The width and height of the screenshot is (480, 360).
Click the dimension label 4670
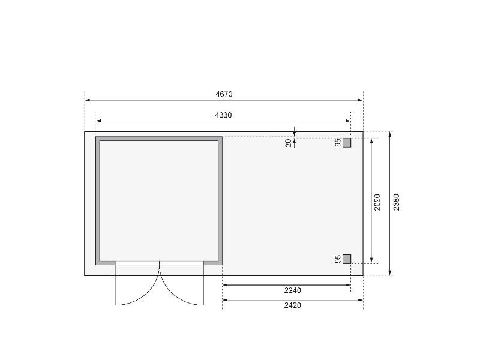[x=224, y=94]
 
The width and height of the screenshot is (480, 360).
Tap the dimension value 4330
[x=223, y=115]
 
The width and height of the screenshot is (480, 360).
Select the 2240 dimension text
[x=292, y=290]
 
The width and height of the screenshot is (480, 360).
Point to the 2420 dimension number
[x=292, y=305]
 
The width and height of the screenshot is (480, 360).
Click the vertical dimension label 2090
[x=377, y=202]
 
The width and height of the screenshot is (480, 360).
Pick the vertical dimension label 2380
[x=396, y=202]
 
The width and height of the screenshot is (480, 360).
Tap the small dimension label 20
[x=289, y=143]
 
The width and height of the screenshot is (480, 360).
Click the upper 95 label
[x=338, y=143]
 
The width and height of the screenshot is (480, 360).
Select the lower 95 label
[x=338, y=259]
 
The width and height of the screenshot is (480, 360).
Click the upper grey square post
[x=347, y=143]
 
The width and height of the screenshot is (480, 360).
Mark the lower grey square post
[x=347, y=259]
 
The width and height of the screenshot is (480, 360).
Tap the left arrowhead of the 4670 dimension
[x=87, y=100]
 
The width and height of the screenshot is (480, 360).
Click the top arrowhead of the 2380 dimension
[x=390, y=134]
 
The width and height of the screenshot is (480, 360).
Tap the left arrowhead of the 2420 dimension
[x=225, y=300]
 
